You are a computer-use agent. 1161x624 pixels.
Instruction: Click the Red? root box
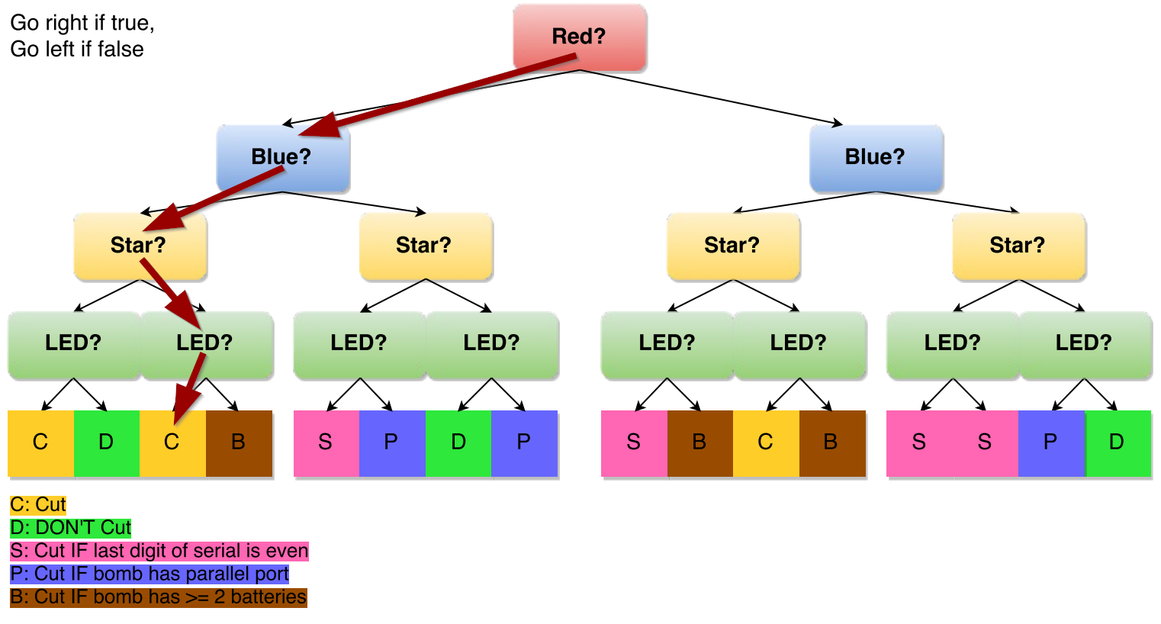[x=580, y=37]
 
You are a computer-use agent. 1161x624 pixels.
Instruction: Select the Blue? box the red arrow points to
[x=282, y=157]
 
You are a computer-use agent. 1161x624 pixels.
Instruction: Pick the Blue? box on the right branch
[x=876, y=157]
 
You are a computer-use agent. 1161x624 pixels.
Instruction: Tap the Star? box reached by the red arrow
[x=140, y=246]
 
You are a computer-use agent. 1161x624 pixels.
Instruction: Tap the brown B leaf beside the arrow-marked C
[x=239, y=442]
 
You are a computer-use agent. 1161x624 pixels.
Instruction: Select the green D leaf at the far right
[x=1118, y=442]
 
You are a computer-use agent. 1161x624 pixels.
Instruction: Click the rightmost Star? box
[x=1018, y=246]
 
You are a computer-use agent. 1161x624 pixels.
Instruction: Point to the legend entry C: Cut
[x=38, y=505]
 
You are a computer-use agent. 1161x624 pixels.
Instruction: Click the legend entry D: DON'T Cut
[x=70, y=528]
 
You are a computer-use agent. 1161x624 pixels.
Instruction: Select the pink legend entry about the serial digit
[x=159, y=551]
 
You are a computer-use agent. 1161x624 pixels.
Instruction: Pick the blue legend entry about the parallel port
[x=150, y=574]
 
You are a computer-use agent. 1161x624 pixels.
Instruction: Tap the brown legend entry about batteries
[x=158, y=597]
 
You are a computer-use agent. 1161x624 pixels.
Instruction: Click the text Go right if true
[x=82, y=23]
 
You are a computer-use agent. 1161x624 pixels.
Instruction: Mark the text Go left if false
[x=77, y=50]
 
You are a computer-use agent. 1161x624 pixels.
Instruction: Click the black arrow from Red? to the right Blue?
[x=709, y=96]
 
